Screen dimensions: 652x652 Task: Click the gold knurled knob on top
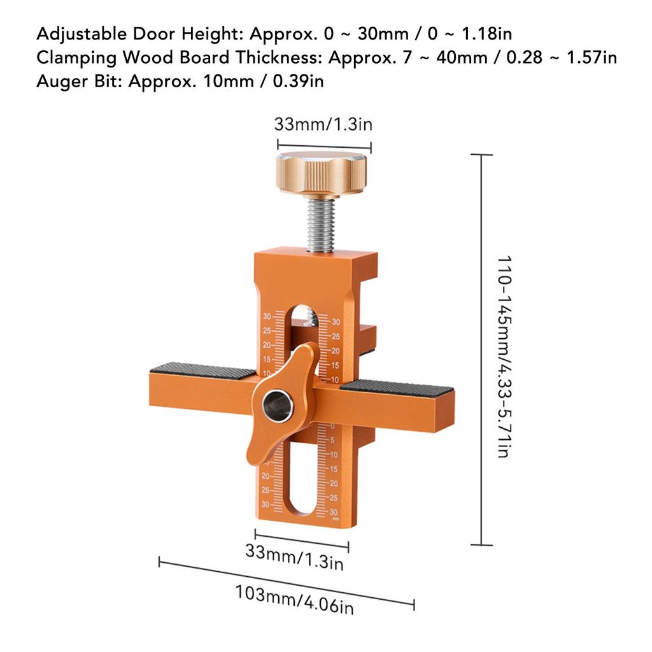coord(320,172)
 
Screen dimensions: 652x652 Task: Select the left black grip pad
coord(202,370)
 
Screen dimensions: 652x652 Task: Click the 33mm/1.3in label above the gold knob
coord(323,124)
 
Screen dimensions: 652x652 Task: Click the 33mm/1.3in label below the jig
coord(294,556)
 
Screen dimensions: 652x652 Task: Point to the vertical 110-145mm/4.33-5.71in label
coord(504,357)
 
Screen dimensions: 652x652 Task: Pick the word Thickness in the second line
coord(274,58)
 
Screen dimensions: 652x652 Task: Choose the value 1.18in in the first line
coord(491,33)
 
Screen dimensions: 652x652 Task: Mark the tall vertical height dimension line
coord(481,350)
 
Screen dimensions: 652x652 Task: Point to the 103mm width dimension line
coord(287,583)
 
